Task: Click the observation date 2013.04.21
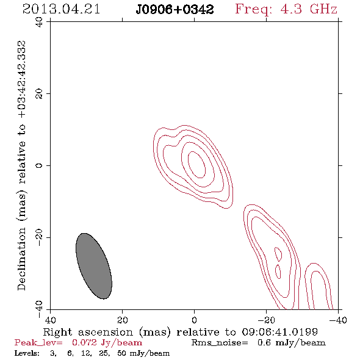(x=61, y=9)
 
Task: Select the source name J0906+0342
(x=175, y=10)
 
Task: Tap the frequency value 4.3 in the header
(x=291, y=9)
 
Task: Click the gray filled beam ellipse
(x=94, y=266)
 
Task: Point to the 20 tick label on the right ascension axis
(x=123, y=320)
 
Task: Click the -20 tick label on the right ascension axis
(x=266, y=320)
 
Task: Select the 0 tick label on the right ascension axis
(x=194, y=320)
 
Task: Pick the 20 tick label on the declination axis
(x=39, y=94)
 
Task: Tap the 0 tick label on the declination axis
(x=39, y=165)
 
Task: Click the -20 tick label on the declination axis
(x=39, y=237)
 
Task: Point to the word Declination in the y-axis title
(x=21, y=259)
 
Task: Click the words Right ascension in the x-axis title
(x=88, y=332)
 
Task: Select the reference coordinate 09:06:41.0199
(x=280, y=332)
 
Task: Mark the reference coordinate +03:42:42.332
(x=22, y=79)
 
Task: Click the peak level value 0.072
(x=84, y=342)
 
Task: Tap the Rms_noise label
(x=220, y=343)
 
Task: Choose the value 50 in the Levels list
(x=121, y=353)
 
